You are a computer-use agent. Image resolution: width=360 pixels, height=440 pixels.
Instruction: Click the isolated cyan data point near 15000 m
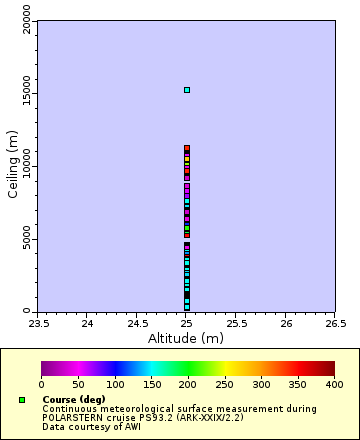[x=186, y=90]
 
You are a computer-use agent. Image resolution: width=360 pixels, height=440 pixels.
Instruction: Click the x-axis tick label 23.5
[x=37, y=323]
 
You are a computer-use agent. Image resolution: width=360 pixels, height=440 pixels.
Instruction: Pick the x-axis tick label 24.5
[x=136, y=323]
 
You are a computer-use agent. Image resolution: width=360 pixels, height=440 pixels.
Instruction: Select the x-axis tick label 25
[x=186, y=323]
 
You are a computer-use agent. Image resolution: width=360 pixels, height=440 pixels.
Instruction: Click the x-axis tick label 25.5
[x=236, y=323]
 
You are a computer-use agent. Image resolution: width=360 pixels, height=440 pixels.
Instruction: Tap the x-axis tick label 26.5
[x=335, y=323]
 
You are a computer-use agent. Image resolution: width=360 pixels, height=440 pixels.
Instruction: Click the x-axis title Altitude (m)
[x=186, y=338]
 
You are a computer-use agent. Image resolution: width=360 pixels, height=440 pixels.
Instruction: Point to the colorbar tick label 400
[x=334, y=384]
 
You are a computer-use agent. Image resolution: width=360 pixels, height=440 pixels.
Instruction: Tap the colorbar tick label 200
[x=188, y=384]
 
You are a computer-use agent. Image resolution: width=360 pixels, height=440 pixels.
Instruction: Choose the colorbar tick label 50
[x=78, y=384]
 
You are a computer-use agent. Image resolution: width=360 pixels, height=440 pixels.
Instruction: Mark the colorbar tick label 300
[x=261, y=384]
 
